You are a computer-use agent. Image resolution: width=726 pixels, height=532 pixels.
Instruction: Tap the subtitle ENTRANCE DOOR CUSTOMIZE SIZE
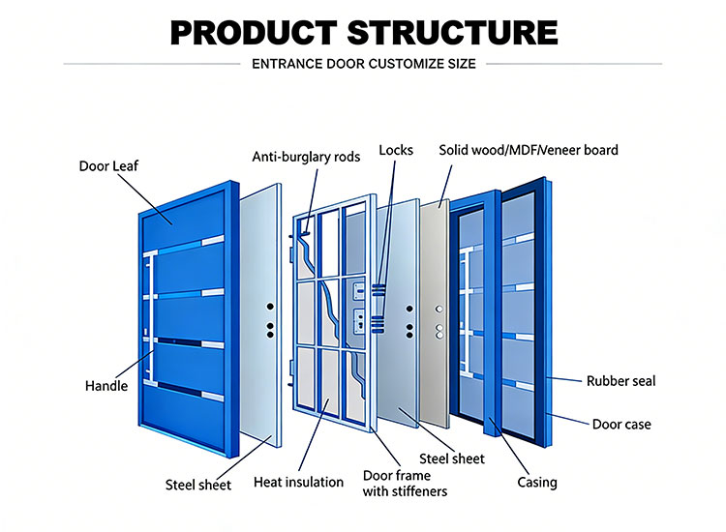(x=363, y=65)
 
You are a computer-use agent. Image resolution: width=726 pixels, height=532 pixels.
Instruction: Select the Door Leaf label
(x=108, y=166)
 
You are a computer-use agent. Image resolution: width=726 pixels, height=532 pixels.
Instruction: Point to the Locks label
(x=396, y=150)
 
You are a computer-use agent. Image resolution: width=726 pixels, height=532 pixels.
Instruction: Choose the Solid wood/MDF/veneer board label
(x=528, y=150)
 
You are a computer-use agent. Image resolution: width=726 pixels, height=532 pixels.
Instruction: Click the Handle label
(x=106, y=386)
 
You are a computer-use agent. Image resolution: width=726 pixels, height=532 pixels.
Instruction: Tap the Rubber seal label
(x=620, y=381)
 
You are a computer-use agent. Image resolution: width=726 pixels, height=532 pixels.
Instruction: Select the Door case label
(x=621, y=424)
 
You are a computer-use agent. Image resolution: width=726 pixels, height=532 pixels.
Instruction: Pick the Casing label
(x=535, y=482)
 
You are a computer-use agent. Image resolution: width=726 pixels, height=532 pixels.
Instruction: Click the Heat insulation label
(x=298, y=482)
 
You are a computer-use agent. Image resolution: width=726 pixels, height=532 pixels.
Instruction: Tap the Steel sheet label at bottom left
(x=198, y=485)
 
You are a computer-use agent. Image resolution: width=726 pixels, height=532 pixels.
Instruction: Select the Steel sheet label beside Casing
(x=452, y=458)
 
